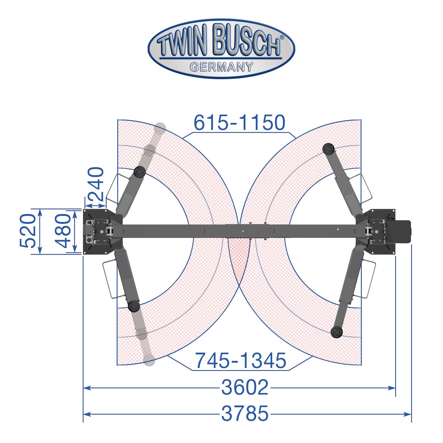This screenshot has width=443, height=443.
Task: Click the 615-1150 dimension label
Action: point(240,123)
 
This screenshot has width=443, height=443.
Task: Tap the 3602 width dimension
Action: point(245,387)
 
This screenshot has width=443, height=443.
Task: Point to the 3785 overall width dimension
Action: point(245,413)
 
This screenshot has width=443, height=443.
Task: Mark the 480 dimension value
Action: point(63,231)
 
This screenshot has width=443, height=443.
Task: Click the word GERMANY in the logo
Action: point(221,67)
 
